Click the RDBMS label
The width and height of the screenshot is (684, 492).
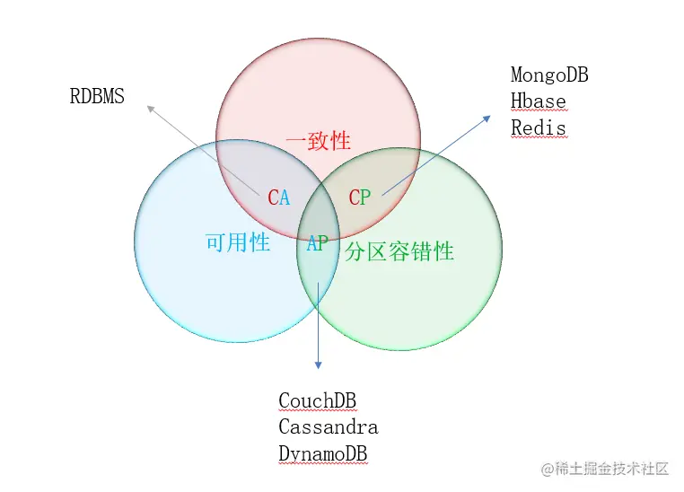97,97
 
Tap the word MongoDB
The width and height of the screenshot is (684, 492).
549,75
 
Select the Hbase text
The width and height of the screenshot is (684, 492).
539,101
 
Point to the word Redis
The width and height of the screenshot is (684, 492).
539,127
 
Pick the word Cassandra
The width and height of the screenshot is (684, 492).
328,427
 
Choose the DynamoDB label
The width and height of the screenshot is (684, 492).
323,454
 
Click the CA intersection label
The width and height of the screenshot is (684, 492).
279,198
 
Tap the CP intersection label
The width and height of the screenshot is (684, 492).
359,198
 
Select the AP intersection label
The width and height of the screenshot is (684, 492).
318,243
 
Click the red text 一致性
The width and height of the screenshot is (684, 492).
318,141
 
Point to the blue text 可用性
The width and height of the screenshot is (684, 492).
238,242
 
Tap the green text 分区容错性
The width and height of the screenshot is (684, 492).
399,251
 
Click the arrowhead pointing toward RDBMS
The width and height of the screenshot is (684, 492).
150,108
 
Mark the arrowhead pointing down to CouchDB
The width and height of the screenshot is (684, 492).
318,363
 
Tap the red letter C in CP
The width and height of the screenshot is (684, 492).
354,198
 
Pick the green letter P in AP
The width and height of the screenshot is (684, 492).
323,243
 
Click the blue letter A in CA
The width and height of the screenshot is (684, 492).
285,198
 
